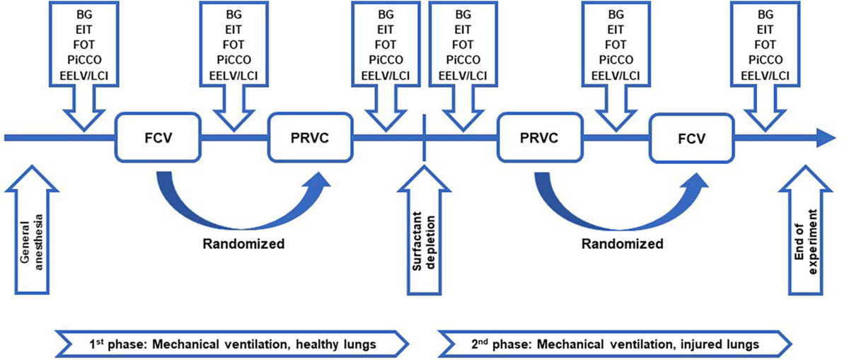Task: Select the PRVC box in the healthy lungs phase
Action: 310,137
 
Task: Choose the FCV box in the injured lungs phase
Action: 690,137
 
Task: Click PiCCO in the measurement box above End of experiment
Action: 765,59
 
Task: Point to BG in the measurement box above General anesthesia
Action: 83,14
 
